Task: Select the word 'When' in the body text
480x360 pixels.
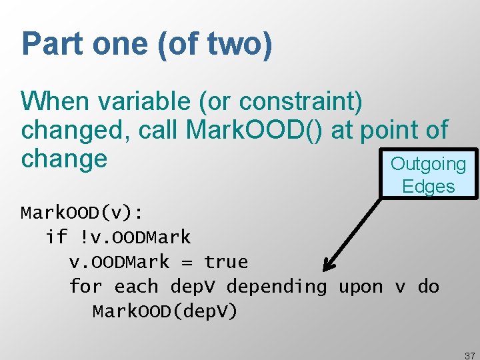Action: tap(55, 101)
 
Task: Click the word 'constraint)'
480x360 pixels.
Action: tap(301, 101)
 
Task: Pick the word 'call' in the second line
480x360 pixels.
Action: tap(159, 131)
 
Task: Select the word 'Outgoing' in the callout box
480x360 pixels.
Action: tap(428, 164)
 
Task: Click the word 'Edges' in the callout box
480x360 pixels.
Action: tap(428, 187)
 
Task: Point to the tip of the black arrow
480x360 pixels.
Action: tap(325, 271)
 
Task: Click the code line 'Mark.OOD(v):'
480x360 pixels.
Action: tap(81, 213)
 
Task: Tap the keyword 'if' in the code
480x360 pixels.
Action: tap(57, 237)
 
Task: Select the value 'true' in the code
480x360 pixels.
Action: tap(226, 262)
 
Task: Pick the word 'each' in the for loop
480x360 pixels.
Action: tap(137, 287)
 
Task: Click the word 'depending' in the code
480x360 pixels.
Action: tap(277, 287)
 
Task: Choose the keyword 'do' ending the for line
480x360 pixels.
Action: tap(428, 287)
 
